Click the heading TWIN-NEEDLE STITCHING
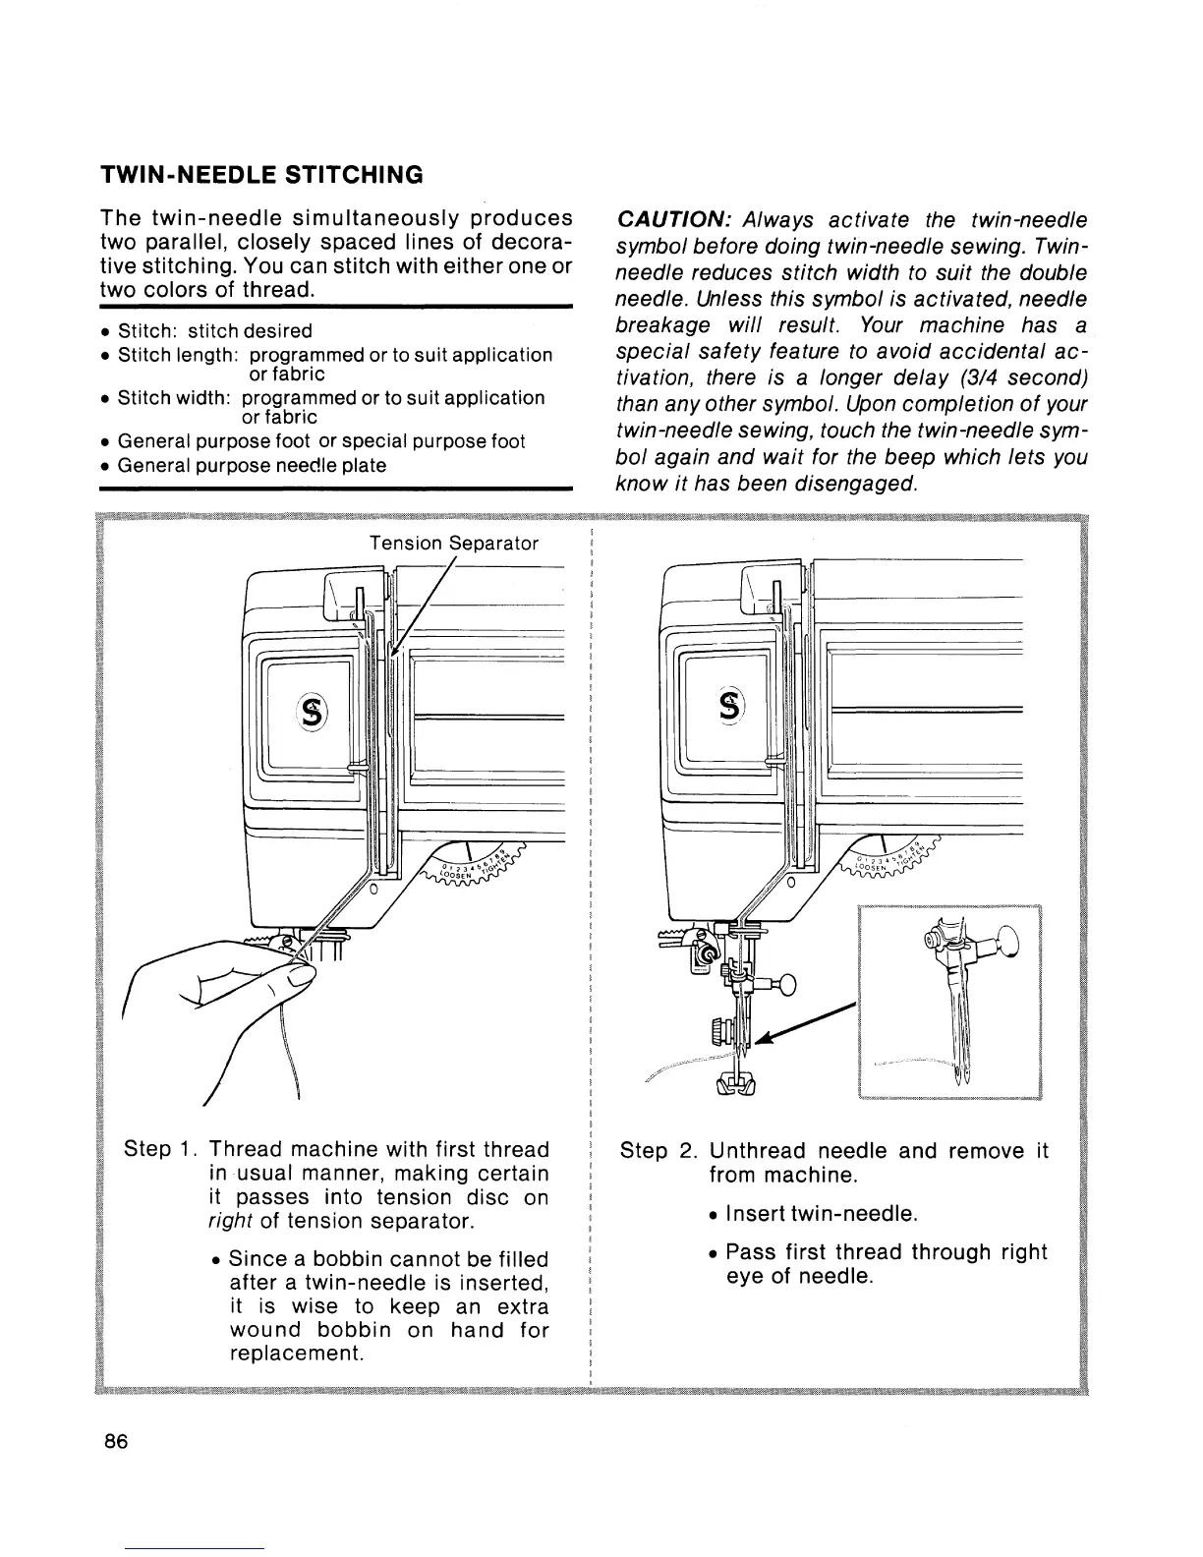261,175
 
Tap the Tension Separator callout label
454,543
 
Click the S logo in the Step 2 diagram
730,705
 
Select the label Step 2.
659,1150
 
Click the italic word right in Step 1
233,1222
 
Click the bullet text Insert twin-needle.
822,1215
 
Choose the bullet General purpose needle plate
251,465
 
